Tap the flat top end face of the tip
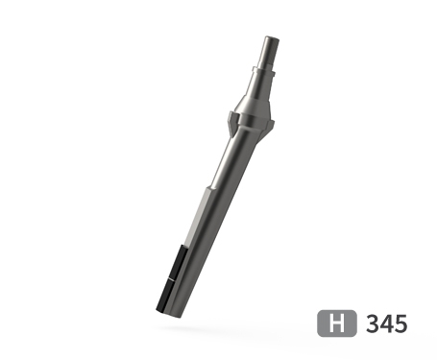(272, 38)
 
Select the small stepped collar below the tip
(264, 69)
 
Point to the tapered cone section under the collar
(256, 90)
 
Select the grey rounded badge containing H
(337, 324)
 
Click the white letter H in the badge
(337, 324)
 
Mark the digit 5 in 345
(401, 324)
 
